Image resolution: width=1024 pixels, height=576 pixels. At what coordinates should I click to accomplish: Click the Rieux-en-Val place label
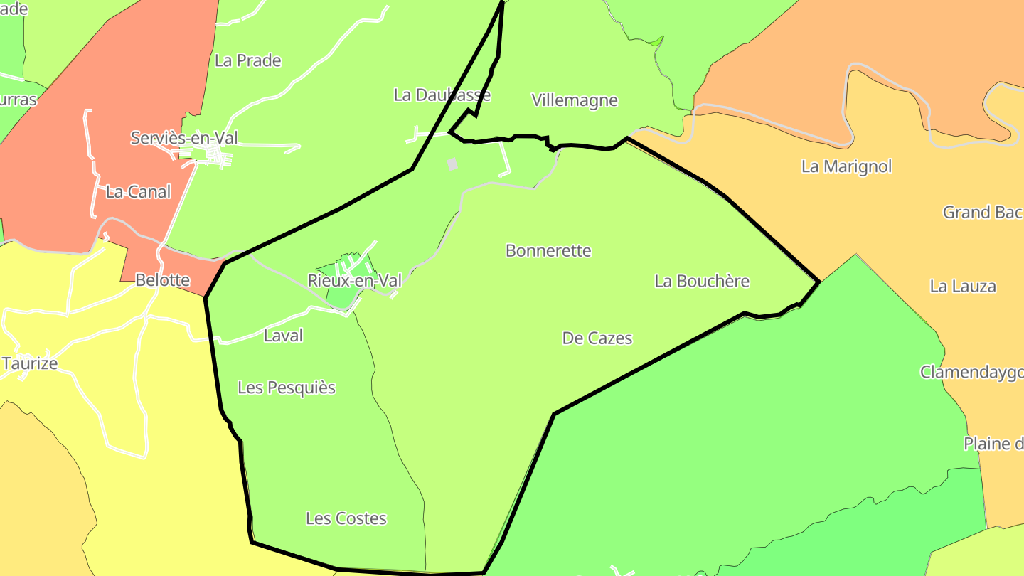pyautogui.click(x=354, y=281)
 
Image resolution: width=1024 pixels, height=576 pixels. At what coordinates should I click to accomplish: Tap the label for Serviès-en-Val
pyautogui.click(x=184, y=138)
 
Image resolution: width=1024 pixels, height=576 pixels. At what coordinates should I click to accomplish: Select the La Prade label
pyautogui.click(x=248, y=61)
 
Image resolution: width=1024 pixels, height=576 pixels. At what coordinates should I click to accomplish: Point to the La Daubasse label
pyautogui.click(x=442, y=95)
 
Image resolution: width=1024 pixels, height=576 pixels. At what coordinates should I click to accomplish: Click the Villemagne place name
pyautogui.click(x=575, y=101)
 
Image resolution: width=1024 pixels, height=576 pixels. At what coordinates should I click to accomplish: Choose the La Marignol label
pyautogui.click(x=846, y=166)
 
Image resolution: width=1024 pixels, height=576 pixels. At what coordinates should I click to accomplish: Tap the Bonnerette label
pyautogui.click(x=548, y=251)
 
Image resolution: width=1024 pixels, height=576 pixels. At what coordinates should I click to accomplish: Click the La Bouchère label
pyautogui.click(x=702, y=282)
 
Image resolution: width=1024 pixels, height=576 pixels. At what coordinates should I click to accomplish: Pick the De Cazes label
pyautogui.click(x=597, y=338)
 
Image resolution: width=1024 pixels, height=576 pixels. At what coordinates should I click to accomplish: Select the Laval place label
pyautogui.click(x=283, y=336)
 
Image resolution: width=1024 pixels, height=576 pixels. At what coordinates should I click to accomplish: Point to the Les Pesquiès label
pyautogui.click(x=287, y=388)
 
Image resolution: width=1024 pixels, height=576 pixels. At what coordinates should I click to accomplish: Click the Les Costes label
pyautogui.click(x=346, y=518)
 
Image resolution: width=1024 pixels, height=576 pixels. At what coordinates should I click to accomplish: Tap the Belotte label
pyautogui.click(x=163, y=280)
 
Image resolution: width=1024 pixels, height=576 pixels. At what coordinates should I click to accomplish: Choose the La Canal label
pyautogui.click(x=139, y=192)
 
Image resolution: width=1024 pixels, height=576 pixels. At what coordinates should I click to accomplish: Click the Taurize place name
pyautogui.click(x=30, y=364)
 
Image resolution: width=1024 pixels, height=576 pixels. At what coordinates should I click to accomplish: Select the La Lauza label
pyautogui.click(x=963, y=287)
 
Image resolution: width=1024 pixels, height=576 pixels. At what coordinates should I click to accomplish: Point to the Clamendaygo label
pyautogui.click(x=971, y=373)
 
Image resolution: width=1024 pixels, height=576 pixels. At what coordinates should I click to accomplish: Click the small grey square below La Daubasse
pyautogui.click(x=452, y=164)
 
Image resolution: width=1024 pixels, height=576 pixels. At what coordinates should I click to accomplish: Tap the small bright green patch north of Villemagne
pyautogui.click(x=657, y=41)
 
